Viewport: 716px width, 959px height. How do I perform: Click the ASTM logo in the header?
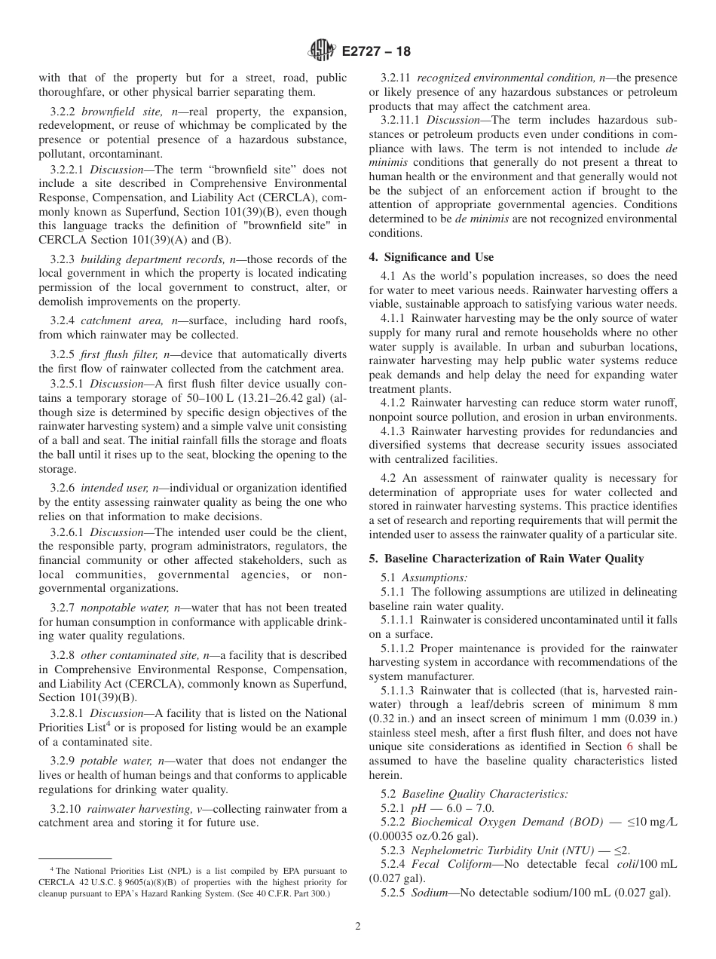tap(322, 51)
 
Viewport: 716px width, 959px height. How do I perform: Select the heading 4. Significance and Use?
tap(431, 257)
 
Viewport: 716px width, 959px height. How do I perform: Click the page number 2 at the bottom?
tap(357, 927)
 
